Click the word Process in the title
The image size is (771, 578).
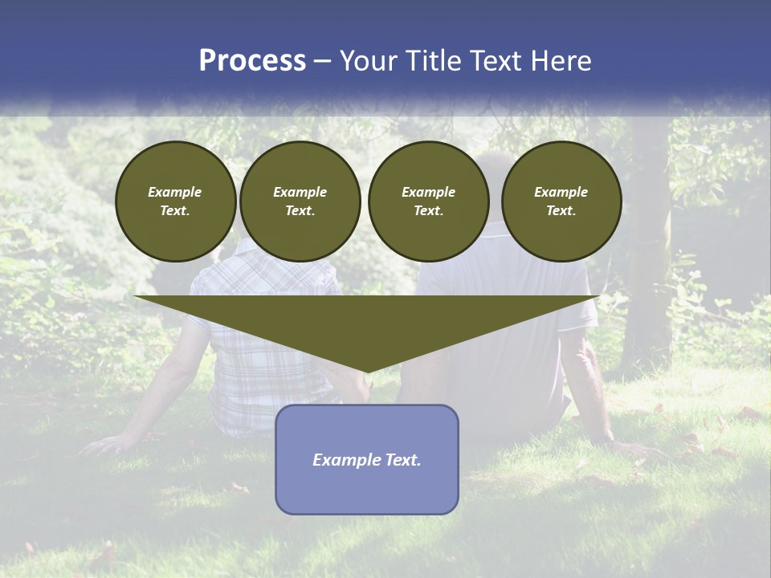tap(252, 61)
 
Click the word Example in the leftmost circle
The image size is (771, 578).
tap(175, 192)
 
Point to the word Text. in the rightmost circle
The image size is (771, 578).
tap(561, 210)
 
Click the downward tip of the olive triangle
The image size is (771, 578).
tap(367, 371)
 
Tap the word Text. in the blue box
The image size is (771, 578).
tap(403, 460)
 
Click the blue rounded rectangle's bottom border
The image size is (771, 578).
tap(367, 513)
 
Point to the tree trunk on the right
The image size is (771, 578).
tap(649, 265)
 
